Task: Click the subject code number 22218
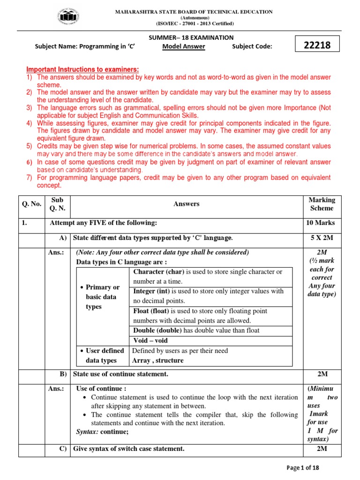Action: [x=317, y=45]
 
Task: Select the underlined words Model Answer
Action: [x=184, y=46]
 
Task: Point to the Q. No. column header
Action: [x=31, y=204]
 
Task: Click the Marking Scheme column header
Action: [x=322, y=204]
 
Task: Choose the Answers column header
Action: [x=186, y=204]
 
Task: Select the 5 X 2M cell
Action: [x=322, y=238]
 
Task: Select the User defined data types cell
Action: [x=101, y=356]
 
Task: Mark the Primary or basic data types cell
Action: [x=101, y=297]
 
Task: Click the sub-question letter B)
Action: [x=63, y=374]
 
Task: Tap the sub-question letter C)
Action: [x=63, y=449]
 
